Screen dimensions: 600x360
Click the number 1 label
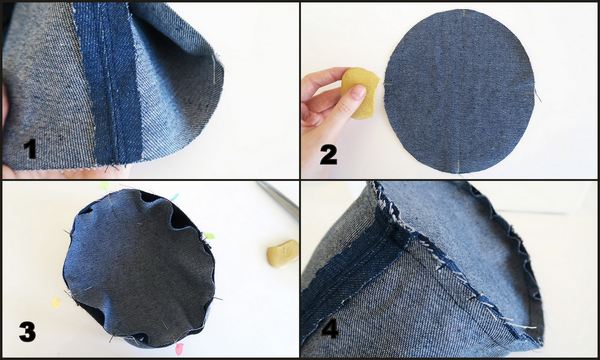30,149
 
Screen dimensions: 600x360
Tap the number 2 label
329,155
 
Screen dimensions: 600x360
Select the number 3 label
28,331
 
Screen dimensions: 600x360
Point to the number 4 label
330,329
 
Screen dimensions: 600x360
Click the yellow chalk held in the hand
359,93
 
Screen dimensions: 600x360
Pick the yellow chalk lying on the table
283,252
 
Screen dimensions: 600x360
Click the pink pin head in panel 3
179,349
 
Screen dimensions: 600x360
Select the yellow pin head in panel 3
56,303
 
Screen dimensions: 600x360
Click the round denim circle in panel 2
459,91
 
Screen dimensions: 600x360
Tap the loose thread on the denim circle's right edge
537,94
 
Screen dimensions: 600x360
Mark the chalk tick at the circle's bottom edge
458,166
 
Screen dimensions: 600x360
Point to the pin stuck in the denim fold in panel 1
213,69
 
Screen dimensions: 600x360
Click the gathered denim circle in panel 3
140,268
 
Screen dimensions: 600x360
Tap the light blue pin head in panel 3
174,197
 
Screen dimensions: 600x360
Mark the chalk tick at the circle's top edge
463,13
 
